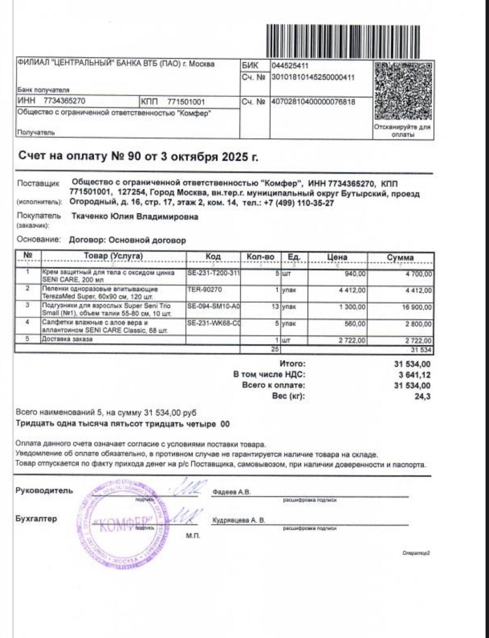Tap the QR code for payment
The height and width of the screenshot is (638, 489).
pos(402,91)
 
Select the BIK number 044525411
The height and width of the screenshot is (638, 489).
pos(290,66)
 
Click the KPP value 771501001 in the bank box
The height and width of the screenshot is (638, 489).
pos(186,102)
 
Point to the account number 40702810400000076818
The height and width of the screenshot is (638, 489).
pos(313,102)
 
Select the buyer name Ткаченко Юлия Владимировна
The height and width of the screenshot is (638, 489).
pos(135,217)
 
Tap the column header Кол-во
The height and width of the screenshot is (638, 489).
pos(260,257)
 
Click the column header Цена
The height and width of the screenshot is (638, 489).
pos(337,257)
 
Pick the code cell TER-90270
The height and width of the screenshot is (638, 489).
pos(205,289)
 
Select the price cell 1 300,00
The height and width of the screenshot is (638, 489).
pos(352,307)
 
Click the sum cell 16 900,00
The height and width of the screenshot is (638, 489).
pos(417,307)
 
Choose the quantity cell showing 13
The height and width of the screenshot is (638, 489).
pos(274,307)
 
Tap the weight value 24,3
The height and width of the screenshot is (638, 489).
pos(425,397)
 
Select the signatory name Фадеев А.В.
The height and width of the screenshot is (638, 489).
pos(232,492)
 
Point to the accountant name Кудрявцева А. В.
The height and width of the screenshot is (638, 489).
pos(239,520)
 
